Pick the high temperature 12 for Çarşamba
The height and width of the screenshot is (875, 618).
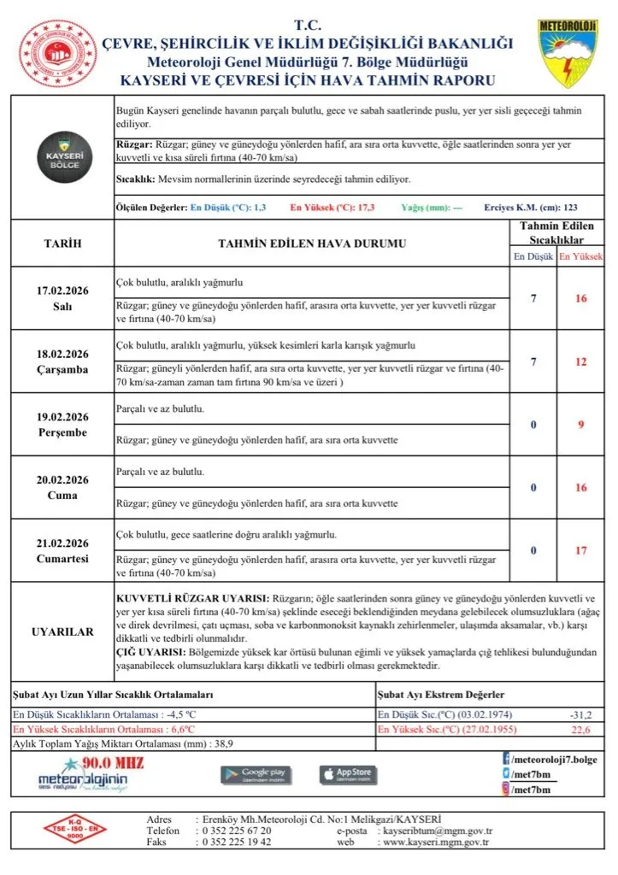tap(580, 361)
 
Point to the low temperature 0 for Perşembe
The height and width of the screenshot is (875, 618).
tap(533, 425)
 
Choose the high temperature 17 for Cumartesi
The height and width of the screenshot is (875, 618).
tap(580, 550)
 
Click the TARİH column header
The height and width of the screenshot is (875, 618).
tap(62, 244)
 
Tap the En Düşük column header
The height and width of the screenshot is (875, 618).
tap(532, 256)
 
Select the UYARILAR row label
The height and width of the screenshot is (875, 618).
tap(62, 631)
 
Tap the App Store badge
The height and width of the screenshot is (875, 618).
tap(348, 774)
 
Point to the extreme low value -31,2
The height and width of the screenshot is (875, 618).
tap(580, 714)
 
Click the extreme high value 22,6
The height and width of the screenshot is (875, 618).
tap(580, 730)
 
